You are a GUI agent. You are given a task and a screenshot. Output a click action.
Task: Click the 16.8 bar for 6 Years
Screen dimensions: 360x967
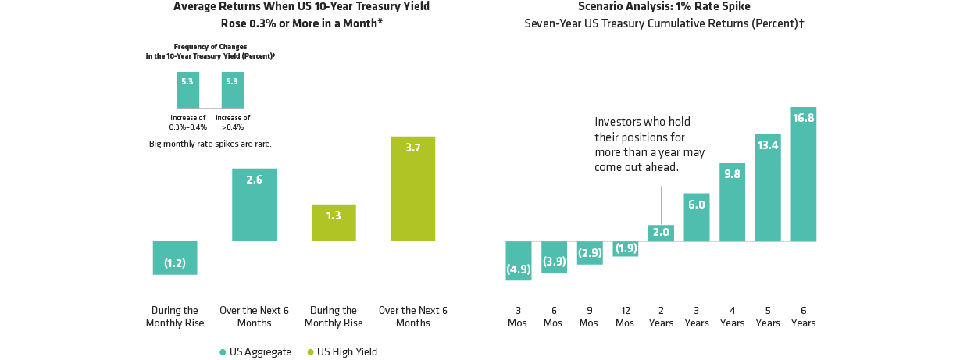(803, 174)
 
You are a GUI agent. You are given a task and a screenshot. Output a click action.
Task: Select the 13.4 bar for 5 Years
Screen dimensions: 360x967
(768, 188)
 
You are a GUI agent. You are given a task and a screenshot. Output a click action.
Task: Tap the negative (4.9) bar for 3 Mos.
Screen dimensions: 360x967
(519, 260)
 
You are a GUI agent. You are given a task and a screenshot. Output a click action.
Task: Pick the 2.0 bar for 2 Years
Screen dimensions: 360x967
(661, 233)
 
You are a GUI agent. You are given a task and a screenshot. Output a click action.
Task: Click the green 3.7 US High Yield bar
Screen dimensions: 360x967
(413, 188)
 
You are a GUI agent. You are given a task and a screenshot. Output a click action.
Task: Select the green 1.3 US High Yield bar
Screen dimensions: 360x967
(334, 223)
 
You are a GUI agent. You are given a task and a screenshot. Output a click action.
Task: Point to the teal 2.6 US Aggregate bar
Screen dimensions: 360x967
(254, 205)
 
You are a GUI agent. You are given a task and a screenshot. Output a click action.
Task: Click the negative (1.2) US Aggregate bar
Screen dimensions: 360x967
(174, 258)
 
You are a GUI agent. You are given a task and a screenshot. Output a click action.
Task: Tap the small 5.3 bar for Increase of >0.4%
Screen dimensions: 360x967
(233, 90)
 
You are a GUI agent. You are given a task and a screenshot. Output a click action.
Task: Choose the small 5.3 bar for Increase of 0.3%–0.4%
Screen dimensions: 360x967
(187, 90)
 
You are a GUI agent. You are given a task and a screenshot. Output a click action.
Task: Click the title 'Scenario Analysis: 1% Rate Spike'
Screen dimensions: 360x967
(665, 6)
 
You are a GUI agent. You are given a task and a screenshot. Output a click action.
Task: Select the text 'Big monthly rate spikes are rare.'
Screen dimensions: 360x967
(210, 144)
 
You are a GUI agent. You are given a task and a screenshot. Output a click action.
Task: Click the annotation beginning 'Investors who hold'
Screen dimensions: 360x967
(648, 144)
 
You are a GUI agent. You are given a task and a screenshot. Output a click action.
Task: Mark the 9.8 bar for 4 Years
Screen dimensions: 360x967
(732, 202)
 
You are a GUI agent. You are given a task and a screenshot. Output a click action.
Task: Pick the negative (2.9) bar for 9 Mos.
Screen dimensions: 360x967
(590, 253)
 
